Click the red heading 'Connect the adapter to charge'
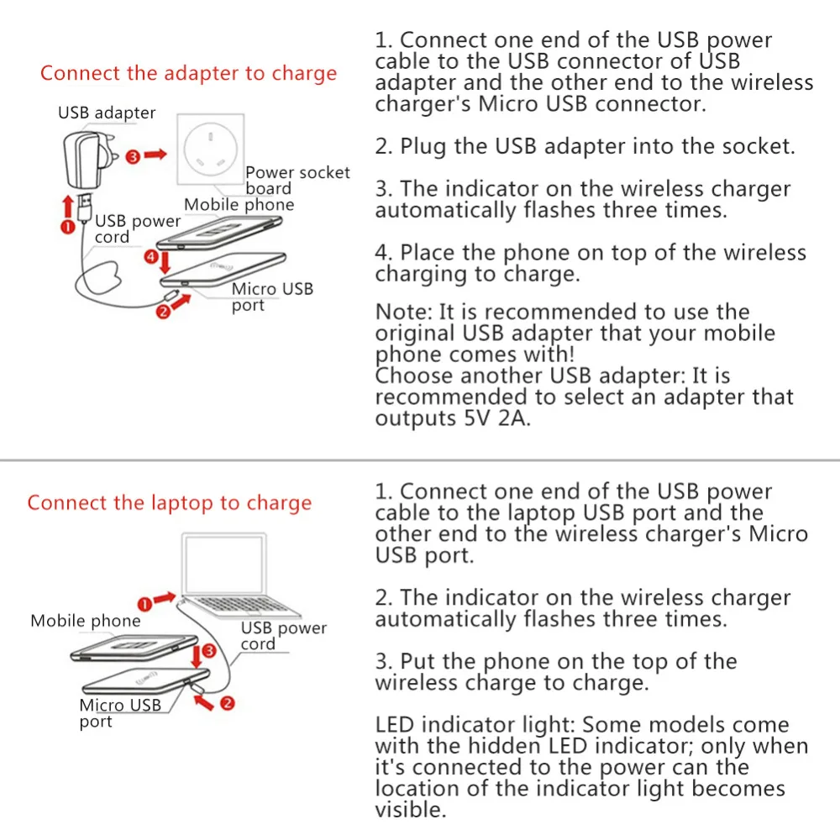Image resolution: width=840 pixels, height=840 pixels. click(x=188, y=73)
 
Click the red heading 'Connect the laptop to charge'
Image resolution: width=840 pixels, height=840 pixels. click(x=170, y=503)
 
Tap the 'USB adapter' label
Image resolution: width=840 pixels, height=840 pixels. click(x=107, y=113)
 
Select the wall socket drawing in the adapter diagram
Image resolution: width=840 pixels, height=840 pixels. click(x=211, y=149)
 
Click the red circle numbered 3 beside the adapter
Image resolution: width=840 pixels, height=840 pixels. click(x=133, y=156)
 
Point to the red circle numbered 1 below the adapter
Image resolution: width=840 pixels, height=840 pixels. click(x=67, y=227)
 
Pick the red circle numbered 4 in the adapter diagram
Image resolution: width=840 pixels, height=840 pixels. click(x=151, y=257)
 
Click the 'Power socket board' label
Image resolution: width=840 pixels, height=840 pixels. click(x=297, y=181)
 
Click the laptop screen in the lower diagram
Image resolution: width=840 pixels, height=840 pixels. click(x=224, y=564)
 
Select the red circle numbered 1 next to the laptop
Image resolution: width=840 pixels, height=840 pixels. click(x=144, y=604)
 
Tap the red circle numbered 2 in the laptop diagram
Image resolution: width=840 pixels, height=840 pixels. click(x=227, y=703)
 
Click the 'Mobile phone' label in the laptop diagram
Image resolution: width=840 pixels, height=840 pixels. click(x=86, y=621)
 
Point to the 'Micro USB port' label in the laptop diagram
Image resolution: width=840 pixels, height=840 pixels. click(x=120, y=713)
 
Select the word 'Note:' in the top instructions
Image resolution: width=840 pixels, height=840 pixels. click(x=404, y=312)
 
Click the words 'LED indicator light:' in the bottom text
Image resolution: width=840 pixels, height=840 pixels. click(x=475, y=725)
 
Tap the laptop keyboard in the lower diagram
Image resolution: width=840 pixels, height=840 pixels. click(x=241, y=605)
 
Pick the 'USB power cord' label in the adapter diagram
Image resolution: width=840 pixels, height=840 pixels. click(x=138, y=228)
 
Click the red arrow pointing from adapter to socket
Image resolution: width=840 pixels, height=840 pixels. click(x=155, y=155)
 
